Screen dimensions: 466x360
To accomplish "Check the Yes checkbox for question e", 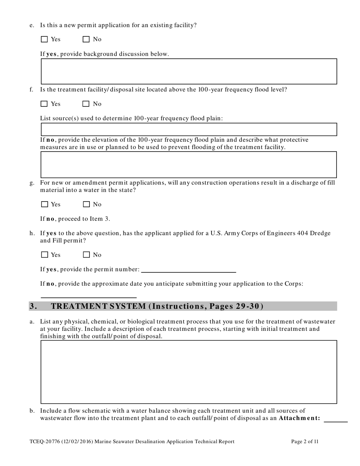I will pos(44,39).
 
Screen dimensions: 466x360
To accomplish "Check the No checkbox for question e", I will pos(86,39).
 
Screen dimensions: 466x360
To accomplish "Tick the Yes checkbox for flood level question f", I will pos(44,104).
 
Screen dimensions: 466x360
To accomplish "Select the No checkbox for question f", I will pos(86,104).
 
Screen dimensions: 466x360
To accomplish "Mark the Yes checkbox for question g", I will pos(44,204).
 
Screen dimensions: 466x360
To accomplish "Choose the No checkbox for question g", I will pos(86,204).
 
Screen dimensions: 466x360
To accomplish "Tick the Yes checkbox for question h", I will pos(44,255).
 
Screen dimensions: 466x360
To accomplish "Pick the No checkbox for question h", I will pos(86,255).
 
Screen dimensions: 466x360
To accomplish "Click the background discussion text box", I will pos(189,71).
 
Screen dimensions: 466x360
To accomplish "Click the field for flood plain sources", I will pos(189,129).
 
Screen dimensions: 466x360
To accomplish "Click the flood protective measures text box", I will pos(189,165).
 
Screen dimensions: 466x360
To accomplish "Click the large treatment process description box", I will pos(189,372).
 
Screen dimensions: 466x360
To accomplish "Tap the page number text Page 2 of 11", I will pos(305,441).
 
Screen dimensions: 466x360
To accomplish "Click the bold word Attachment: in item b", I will pos(299,418).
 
